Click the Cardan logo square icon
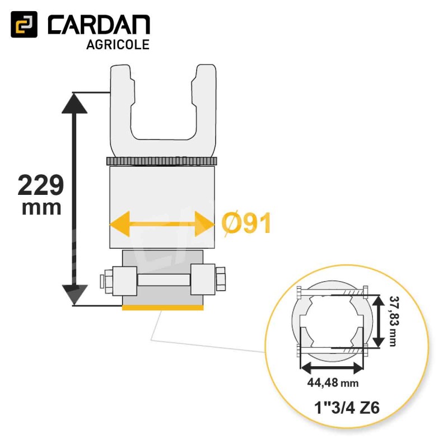24,24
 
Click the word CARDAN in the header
99,25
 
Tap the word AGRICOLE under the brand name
118,45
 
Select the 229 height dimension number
40,185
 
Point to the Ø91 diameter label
246,223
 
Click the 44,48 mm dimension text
333,382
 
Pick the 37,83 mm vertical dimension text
394,321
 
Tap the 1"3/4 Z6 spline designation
347,408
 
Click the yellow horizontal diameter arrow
162,223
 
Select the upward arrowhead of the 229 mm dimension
74,104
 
